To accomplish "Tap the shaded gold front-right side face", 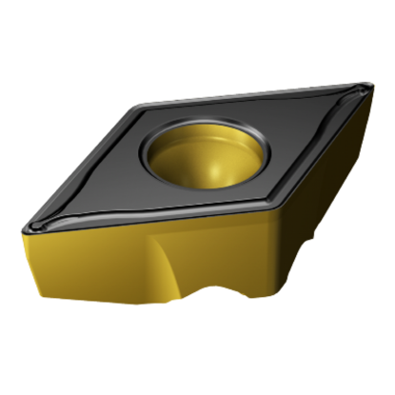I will pyautogui.click(x=314, y=200).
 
